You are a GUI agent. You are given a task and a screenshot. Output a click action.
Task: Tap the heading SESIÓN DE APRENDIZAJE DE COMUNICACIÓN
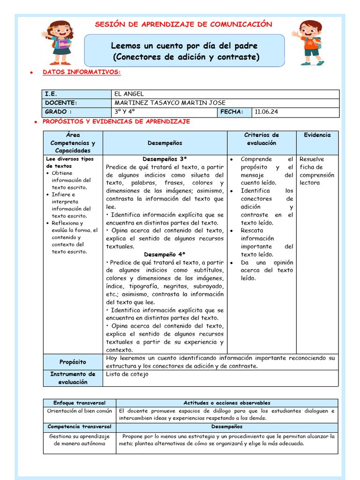click(x=183, y=24)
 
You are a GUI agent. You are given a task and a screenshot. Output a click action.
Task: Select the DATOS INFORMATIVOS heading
click(x=82, y=72)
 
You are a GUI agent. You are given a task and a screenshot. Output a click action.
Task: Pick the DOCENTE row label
click(x=61, y=103)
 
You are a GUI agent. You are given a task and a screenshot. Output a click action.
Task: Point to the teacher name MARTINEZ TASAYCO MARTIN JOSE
click(x=170, y=103)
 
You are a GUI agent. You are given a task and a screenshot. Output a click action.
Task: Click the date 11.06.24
click(x=267, y=112)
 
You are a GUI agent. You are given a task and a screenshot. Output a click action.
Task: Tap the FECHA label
click(x=232, y=112)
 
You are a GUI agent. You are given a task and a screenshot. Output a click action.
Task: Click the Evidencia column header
click(x=317, y=135)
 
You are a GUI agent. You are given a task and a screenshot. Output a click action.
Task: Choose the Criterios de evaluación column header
click(x=262, y=139)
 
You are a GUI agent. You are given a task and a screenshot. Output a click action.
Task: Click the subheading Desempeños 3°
click(x=165, y=159)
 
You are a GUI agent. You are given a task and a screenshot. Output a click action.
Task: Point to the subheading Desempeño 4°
click(x=165, y=255)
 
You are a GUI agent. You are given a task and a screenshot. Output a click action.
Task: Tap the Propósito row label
click(x=73, y=362)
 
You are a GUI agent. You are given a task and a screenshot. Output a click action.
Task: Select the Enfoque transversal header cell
click(x=79, y=403)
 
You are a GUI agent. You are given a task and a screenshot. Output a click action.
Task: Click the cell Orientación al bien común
click(x=79, y=411)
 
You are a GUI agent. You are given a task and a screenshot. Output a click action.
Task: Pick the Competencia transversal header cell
click(x=79, y=427)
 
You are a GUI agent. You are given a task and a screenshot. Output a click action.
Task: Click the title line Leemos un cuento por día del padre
click(x=184, y=46)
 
